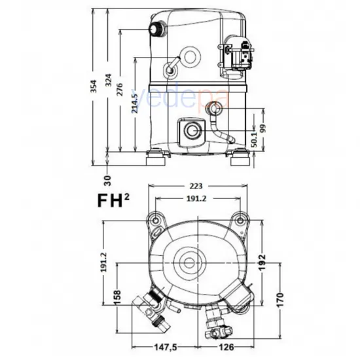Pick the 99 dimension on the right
click(264, 128)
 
